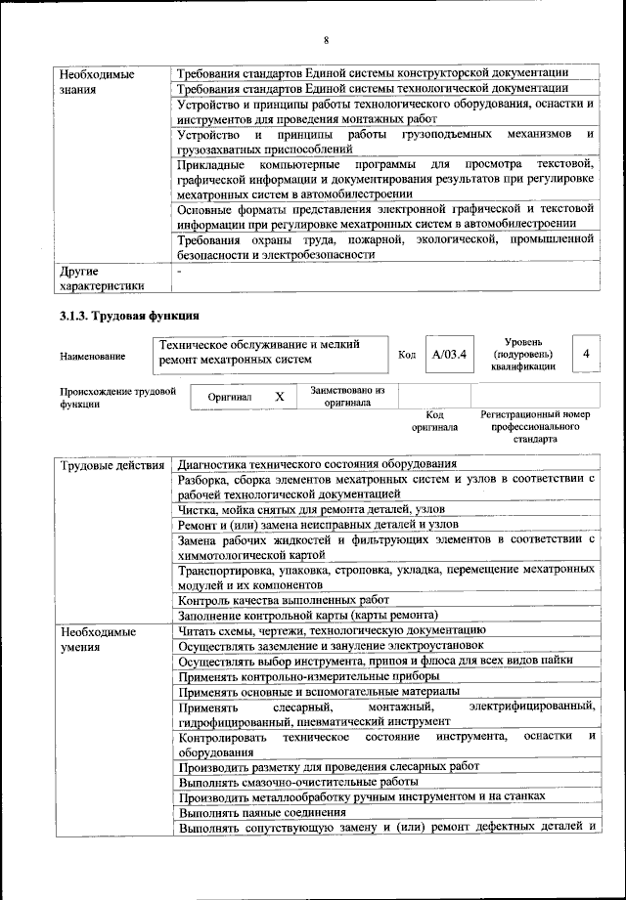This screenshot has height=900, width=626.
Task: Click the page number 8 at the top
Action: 326,39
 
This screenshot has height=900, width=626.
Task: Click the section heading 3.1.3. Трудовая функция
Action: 129,316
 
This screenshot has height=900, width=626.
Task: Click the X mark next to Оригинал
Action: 279,397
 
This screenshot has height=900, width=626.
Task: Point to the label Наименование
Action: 87,356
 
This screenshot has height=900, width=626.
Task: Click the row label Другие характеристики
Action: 102,278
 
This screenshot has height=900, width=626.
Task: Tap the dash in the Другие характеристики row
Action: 180,270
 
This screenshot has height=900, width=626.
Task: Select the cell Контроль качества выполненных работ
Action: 284,599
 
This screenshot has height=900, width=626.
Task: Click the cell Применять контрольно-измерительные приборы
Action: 309,675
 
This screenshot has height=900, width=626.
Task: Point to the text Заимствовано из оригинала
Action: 347,396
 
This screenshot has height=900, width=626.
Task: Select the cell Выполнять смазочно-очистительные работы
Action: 298,782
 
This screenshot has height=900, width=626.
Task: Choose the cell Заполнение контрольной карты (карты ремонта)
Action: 307,615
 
